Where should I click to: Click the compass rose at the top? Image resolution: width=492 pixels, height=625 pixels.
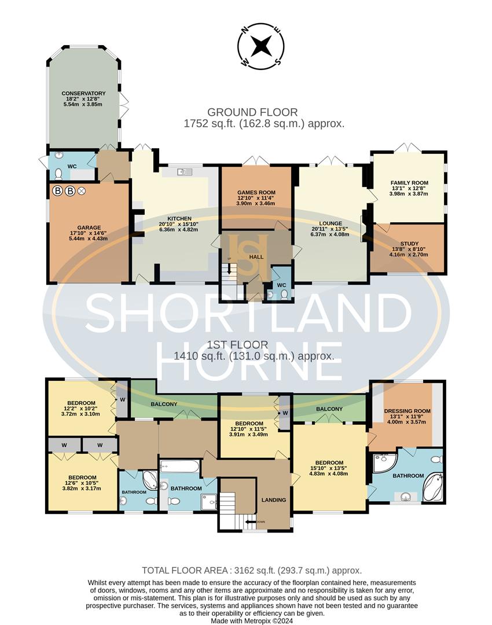262,46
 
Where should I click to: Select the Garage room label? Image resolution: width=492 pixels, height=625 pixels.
89,227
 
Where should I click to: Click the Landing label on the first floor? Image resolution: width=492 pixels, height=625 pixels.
274,499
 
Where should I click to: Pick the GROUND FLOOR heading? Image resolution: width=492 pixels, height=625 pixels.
252,112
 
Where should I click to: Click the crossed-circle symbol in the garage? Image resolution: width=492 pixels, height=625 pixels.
82,190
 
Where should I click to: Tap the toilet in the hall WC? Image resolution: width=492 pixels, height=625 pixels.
284,293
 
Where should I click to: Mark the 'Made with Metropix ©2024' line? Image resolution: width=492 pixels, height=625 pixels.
252,620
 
